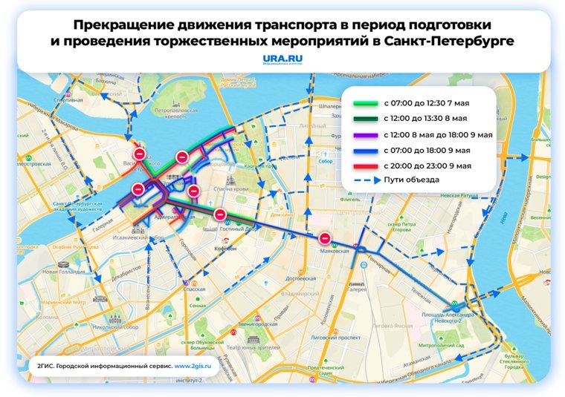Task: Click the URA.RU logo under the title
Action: click(282, 59)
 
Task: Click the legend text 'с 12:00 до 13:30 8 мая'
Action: click(425, 119)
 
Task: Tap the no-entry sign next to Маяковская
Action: click(325, 238)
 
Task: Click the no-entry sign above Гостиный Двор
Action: click(220, 214)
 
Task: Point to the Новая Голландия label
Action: click(61, 272)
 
